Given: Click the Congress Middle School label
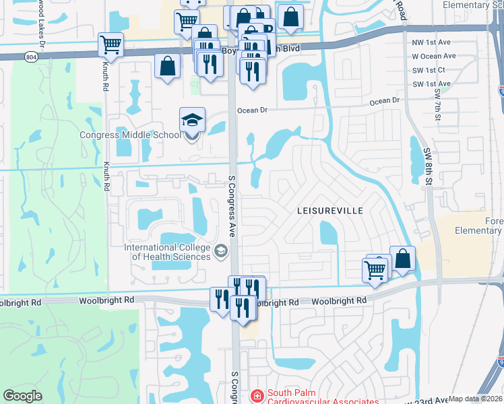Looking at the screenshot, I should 130,134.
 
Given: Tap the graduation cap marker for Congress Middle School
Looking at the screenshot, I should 192,121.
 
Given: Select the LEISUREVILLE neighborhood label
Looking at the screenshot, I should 330,211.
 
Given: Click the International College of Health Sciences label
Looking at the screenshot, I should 167,252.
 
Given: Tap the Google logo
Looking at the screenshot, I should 22,396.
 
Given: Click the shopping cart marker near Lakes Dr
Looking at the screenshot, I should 111,45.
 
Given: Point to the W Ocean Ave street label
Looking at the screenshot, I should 434,56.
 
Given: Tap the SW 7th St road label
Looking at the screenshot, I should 437,104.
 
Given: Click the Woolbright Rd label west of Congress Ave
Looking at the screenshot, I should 106,299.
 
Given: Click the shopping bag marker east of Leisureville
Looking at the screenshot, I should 402,259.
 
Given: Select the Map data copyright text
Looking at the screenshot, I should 475,399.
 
